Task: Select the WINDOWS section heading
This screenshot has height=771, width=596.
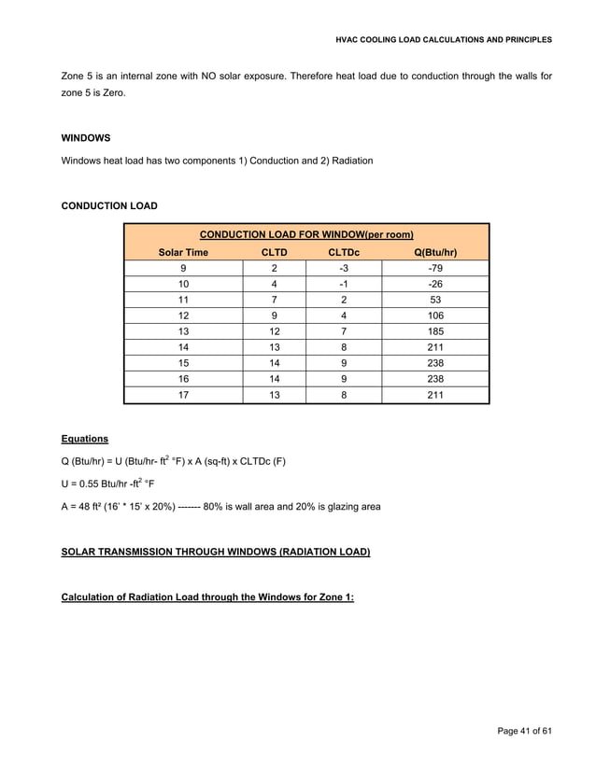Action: [x=86, y=137]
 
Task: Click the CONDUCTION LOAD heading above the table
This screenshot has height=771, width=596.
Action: [x=109, y=205]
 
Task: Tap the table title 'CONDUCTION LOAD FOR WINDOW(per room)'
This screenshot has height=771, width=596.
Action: [x=306, y=234]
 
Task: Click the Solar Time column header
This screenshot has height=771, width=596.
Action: [x=183, y=252]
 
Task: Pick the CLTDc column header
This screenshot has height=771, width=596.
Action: [x=344, y=252]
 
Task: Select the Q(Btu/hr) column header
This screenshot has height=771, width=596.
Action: [x=434, y=252]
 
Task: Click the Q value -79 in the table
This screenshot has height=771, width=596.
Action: [x=434, y=268]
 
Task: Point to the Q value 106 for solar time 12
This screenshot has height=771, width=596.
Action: [x=434, y=315]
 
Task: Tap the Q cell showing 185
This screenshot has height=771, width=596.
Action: [x=434, y=331]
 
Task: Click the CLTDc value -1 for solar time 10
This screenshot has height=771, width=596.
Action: [x=344, y=284]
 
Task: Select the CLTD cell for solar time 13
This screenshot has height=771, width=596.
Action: [x=275, y=331]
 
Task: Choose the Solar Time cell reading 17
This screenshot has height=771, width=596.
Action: [x=183, y=395]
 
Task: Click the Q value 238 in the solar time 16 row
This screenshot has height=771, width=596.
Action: [x=434, y=379]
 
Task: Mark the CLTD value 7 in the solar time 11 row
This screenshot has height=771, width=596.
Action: [x=275, y=300]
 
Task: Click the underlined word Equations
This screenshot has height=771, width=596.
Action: [x=85, y=438]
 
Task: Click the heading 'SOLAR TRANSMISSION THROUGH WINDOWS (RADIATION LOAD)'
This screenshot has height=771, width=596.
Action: [x=215, y=553]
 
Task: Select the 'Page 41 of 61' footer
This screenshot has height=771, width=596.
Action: [x=524, y=729]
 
